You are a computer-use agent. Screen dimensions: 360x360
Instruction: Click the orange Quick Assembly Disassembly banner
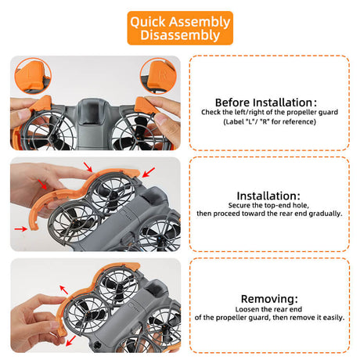point(180,28)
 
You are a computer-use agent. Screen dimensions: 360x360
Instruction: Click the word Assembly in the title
point(200,22)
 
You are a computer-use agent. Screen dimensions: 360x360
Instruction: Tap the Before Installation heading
point(266,103)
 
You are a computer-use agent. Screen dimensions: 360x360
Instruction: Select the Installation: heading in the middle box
point(268,196)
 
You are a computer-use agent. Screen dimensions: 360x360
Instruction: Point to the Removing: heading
point(269,299)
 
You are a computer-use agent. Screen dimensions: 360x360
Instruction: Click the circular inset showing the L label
point(33,76)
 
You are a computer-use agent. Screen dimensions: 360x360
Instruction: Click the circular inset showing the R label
point(158,76)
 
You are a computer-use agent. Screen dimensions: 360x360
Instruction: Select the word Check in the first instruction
point(211,112)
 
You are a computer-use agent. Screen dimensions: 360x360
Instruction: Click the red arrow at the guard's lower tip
point(21,229)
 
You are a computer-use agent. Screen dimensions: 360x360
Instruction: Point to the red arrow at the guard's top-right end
point(149,172)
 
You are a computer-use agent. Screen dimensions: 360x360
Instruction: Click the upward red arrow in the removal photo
point(64,290)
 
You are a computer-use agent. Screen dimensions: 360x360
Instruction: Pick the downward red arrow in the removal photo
point(70,340)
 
